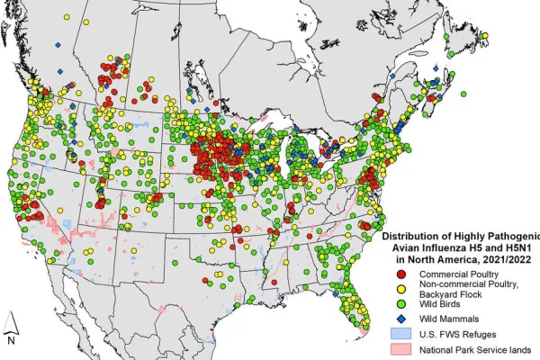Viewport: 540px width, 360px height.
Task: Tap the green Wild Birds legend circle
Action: pos(391,304)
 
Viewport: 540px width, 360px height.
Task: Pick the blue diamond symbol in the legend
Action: pos(391,319)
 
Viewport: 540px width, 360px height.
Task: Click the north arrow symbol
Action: pos(10,321)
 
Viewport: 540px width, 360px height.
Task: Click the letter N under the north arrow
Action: pos(10,339)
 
